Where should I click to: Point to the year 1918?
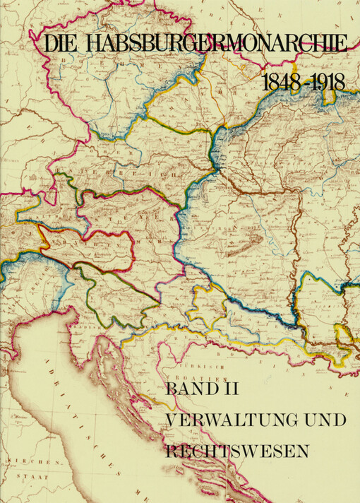pos(327,82)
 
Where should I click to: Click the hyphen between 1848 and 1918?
pos(304,83)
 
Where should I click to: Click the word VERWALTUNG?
pos(229,420)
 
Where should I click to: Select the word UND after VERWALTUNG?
pos(323,420)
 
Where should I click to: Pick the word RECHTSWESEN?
pos(236,450)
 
